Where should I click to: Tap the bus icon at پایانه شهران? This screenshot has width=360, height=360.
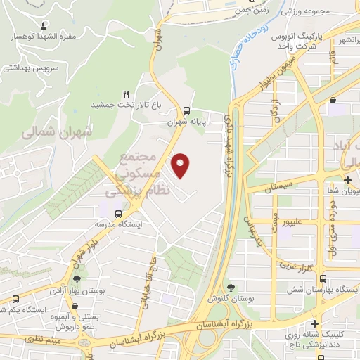[x=186, y=110]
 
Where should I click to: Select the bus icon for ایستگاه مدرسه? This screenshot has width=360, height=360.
[x=118, y=212]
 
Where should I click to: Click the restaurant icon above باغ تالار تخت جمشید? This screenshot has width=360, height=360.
[x=127, y=93]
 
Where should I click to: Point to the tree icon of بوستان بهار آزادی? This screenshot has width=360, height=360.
[x=76, y=279]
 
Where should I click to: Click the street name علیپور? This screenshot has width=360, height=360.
[x=300, y=221]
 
